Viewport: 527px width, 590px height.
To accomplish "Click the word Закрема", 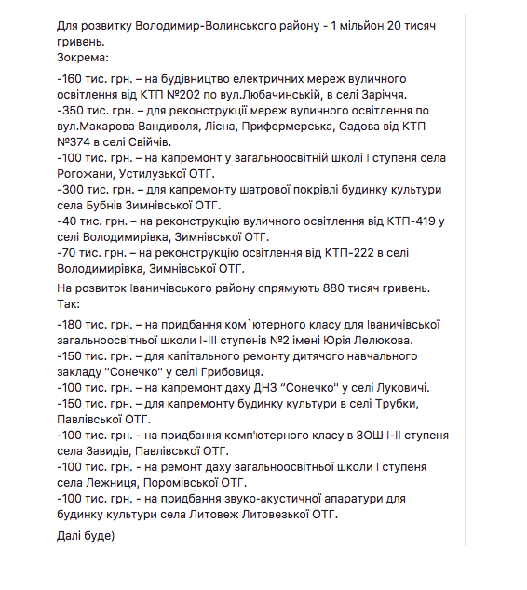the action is pos(83,57).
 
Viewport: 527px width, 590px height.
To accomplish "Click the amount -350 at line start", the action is pos(68,111).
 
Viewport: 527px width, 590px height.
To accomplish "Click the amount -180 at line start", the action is pos(68,325).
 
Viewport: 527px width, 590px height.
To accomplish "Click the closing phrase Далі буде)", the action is pos(85,538).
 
